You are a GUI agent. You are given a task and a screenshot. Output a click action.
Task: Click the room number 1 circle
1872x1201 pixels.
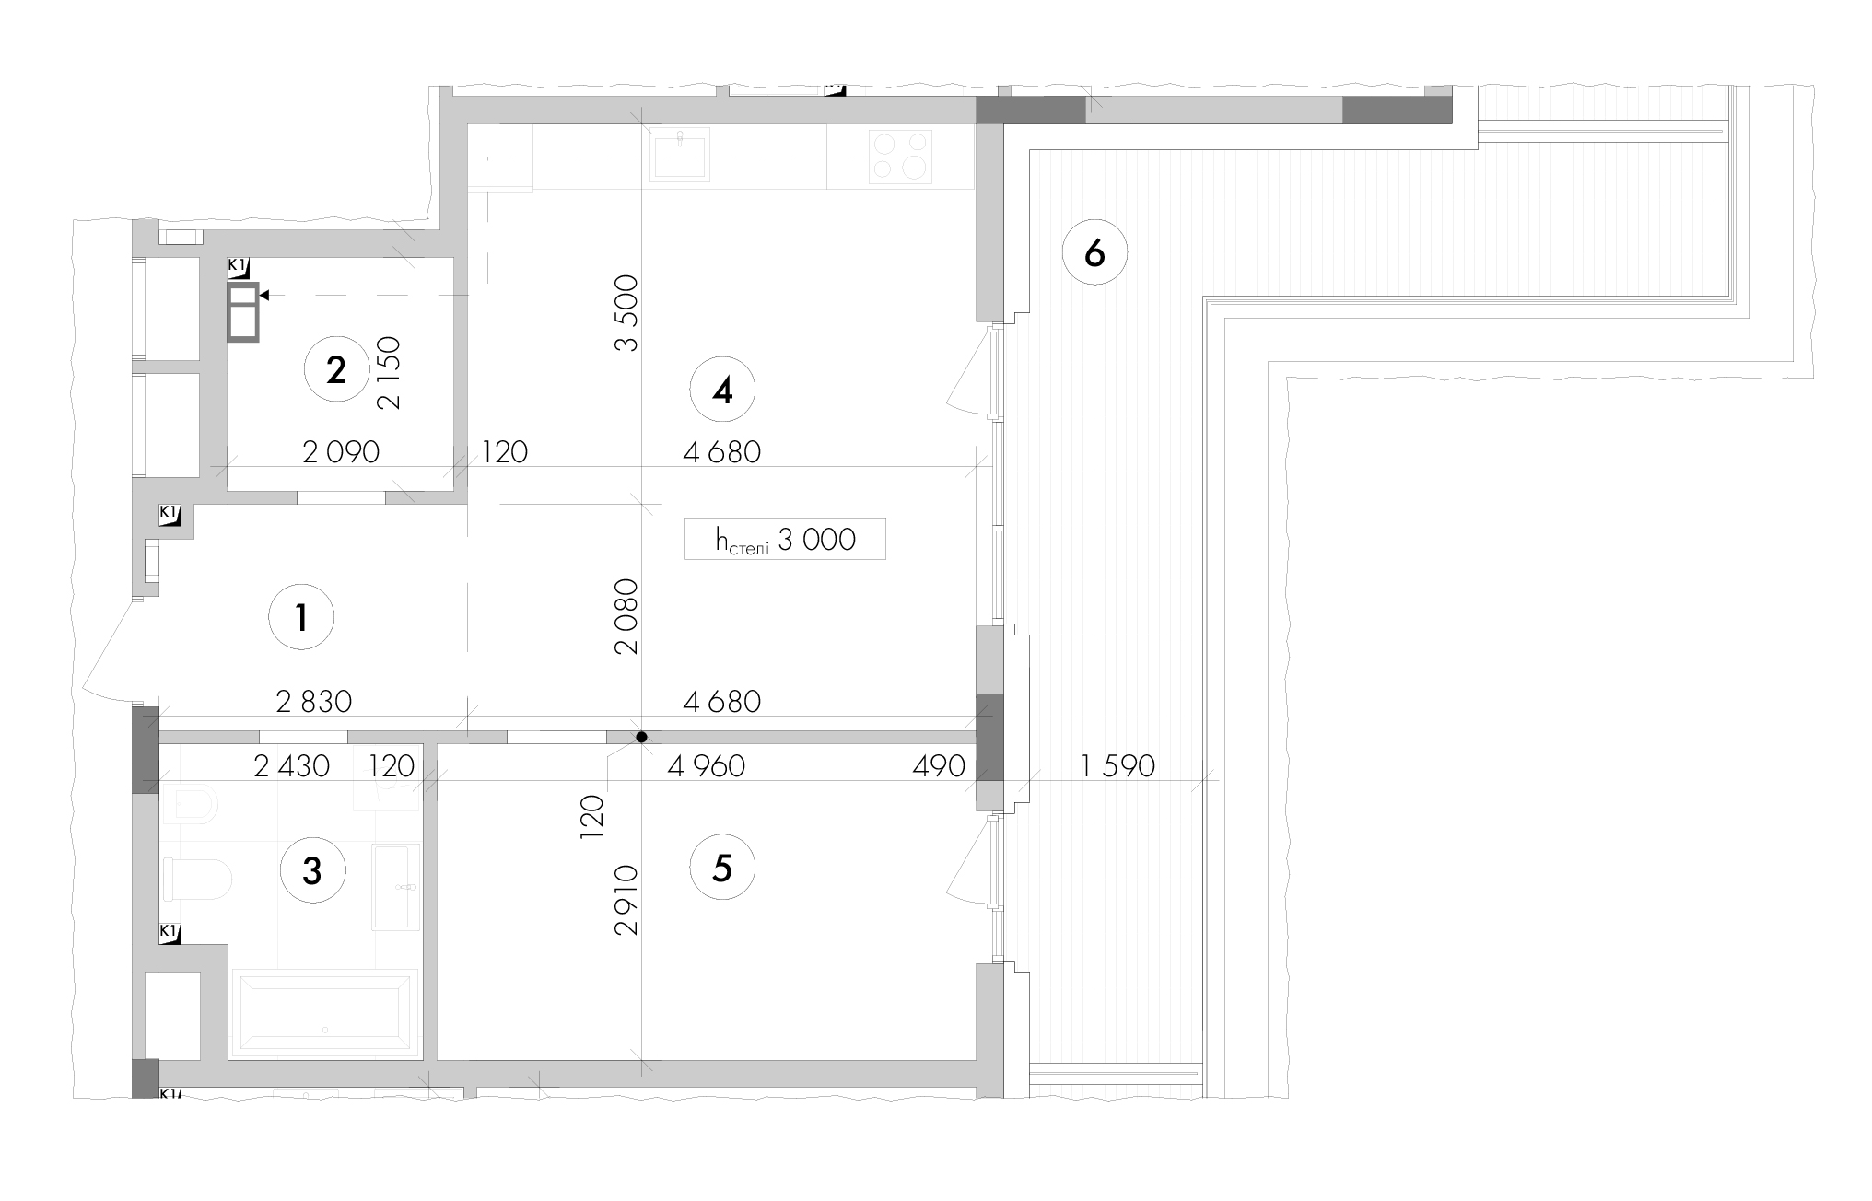(x=301, y=617)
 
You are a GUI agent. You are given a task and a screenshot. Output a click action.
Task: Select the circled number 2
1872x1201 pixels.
(x=336, y=370)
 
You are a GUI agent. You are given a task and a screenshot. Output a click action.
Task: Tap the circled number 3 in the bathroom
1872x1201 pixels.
(x=312, y=869)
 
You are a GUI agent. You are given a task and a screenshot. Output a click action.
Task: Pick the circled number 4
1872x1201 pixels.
(x=722, y=391)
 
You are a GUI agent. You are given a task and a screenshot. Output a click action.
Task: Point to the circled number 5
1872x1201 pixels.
(x=722, y=868)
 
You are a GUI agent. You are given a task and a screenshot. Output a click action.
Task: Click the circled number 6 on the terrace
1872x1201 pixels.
(x=1094, y=251)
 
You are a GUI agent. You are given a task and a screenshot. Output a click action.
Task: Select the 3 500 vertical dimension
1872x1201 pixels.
(x=626, y=313)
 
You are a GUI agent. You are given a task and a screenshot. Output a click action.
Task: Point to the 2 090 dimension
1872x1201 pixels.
(x=341, y=451)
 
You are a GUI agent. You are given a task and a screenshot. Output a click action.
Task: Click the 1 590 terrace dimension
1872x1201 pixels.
(x=1117, y=765)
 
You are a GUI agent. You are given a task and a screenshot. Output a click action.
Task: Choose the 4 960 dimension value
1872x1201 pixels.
(x=707, y=765)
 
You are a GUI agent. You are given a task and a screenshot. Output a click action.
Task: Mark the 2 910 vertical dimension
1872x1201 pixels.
(x=626, y=900)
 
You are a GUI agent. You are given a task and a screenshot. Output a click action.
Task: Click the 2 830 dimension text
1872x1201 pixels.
(x=314, y=702)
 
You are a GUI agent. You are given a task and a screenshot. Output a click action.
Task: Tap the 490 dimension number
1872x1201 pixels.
(x=939, y=765)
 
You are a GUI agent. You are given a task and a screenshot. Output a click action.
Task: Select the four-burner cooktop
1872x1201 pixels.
(x=901, y=156)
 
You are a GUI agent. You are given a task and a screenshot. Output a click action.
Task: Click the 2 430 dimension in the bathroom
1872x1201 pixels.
(x=291, y=765)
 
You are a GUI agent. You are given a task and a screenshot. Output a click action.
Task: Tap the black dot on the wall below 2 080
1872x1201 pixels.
(x=641, y=737)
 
